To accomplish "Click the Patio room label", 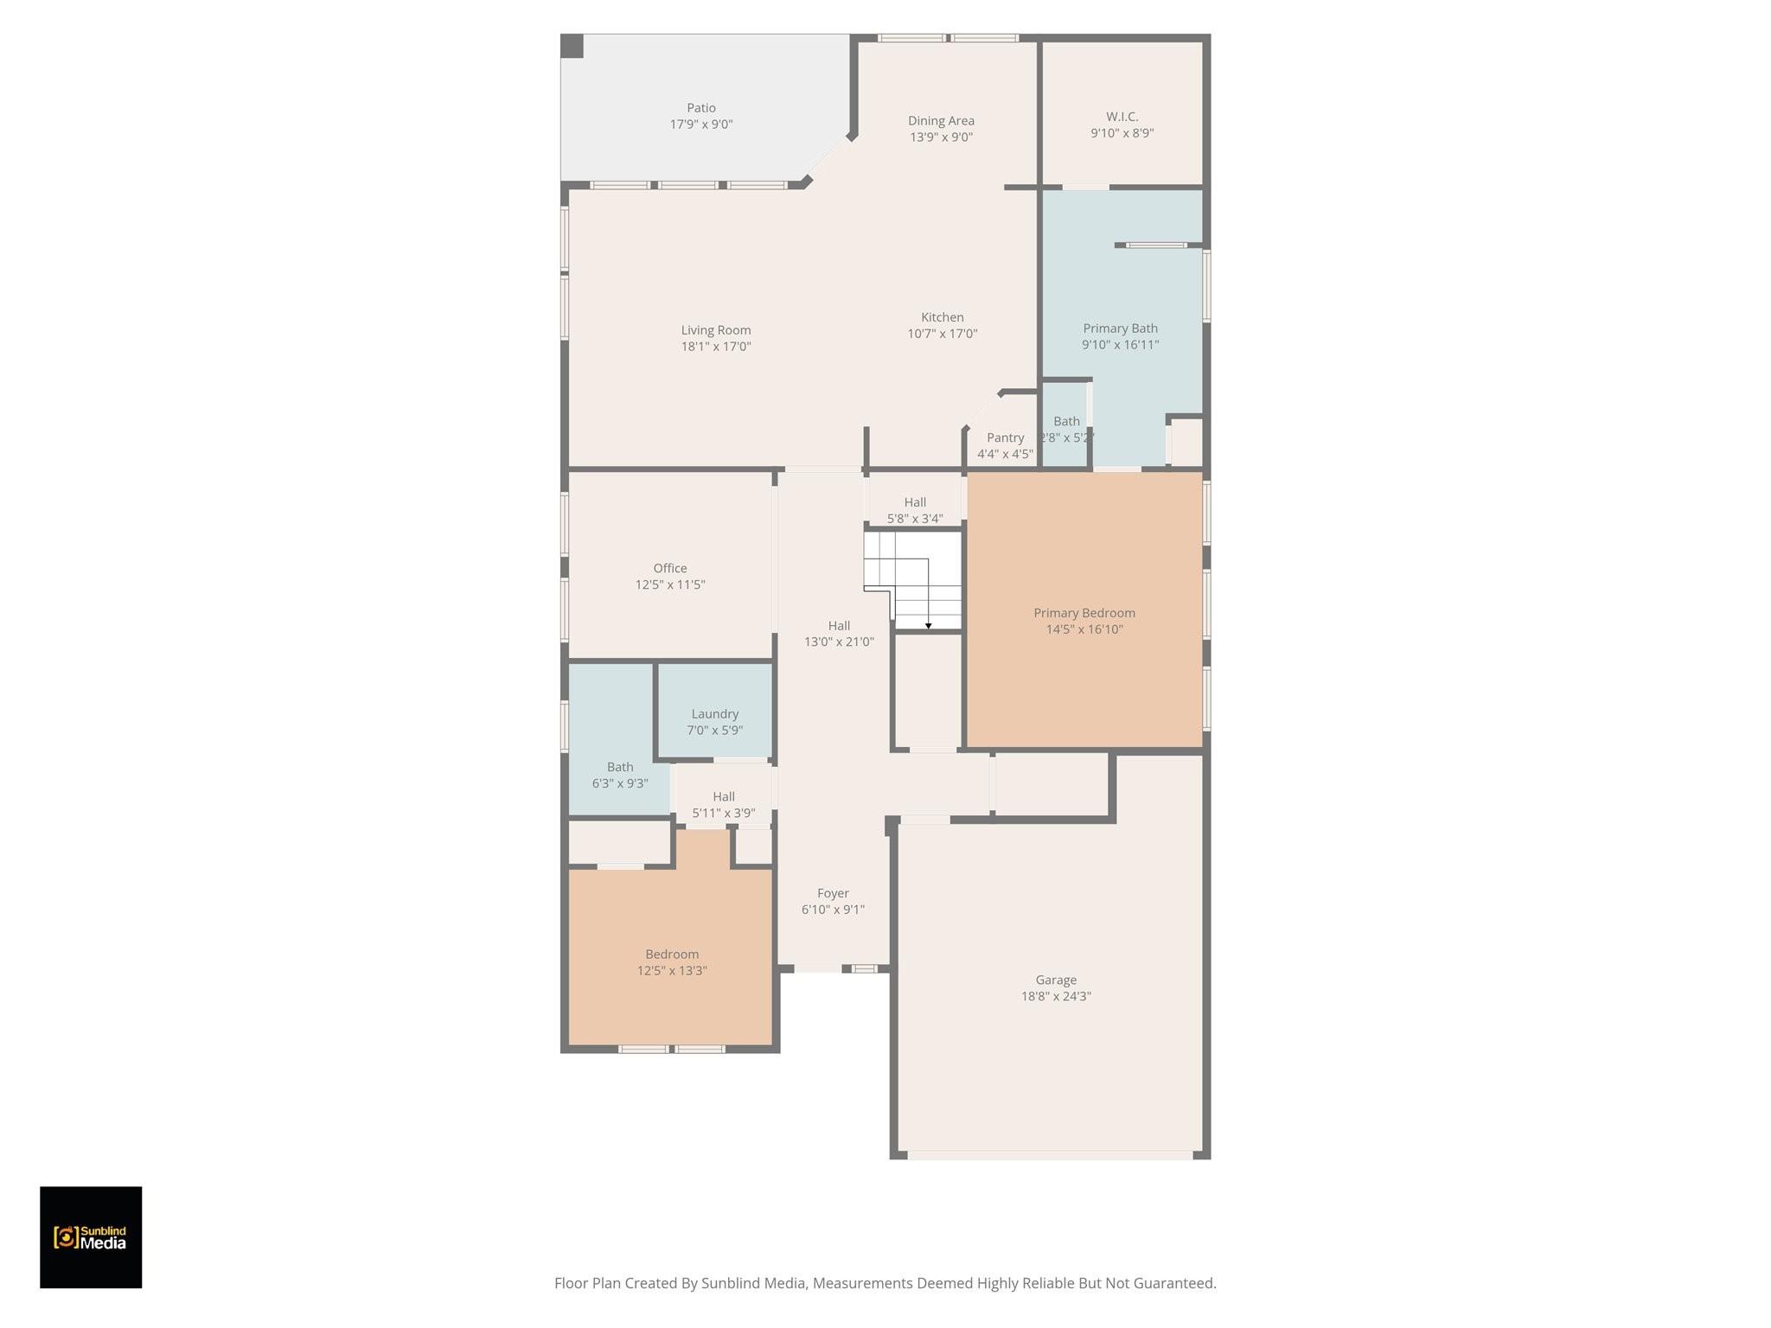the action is pos(701,108).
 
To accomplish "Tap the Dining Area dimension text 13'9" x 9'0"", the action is pos(941,137).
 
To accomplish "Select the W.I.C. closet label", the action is pos(1122,117).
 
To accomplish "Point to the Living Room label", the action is pos(716,330).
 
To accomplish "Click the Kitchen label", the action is pos(943,317).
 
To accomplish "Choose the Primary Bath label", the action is pos(1120,329).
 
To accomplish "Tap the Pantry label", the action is pos(1005,438).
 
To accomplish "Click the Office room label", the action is pos(670,568).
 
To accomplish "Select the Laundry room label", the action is pos(715,714).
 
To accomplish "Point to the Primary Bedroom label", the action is pos(1084,613).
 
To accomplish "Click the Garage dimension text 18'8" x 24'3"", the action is pos(1056,996).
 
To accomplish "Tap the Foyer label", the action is pos(833,893).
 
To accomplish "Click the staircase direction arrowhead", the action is pos(929,625).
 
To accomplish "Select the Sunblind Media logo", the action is pos(91,1237).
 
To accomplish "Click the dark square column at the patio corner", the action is pos(572,47).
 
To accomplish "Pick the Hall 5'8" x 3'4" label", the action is pos(915,510).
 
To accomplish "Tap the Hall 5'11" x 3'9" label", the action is pos(724,805).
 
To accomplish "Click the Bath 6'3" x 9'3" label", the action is pos(620,776).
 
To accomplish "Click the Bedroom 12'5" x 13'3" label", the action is pos(672,962).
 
